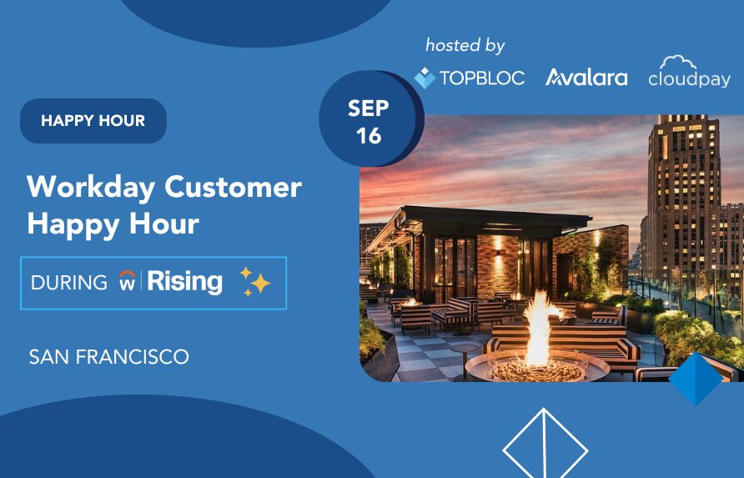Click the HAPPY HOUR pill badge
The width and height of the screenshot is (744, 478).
(93, 121)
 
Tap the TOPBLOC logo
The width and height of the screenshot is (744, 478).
(470, 78)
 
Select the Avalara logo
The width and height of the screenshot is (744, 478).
(586, 78)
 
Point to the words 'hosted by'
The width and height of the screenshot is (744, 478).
(465, 46)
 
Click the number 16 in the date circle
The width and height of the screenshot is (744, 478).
(369, 136)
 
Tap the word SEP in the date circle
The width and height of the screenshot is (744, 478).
(368, 108)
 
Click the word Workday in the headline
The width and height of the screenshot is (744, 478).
(91, 188)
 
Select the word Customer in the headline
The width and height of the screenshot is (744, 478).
(233, 187)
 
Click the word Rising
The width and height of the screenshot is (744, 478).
(184, 281)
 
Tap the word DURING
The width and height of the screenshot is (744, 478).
(69, 283)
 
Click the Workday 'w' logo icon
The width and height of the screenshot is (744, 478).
(127, 280)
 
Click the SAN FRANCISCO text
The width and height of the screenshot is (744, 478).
(109, 357)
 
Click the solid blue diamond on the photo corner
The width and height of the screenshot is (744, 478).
(696, 379)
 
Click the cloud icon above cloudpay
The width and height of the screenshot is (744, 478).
(678, 63)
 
